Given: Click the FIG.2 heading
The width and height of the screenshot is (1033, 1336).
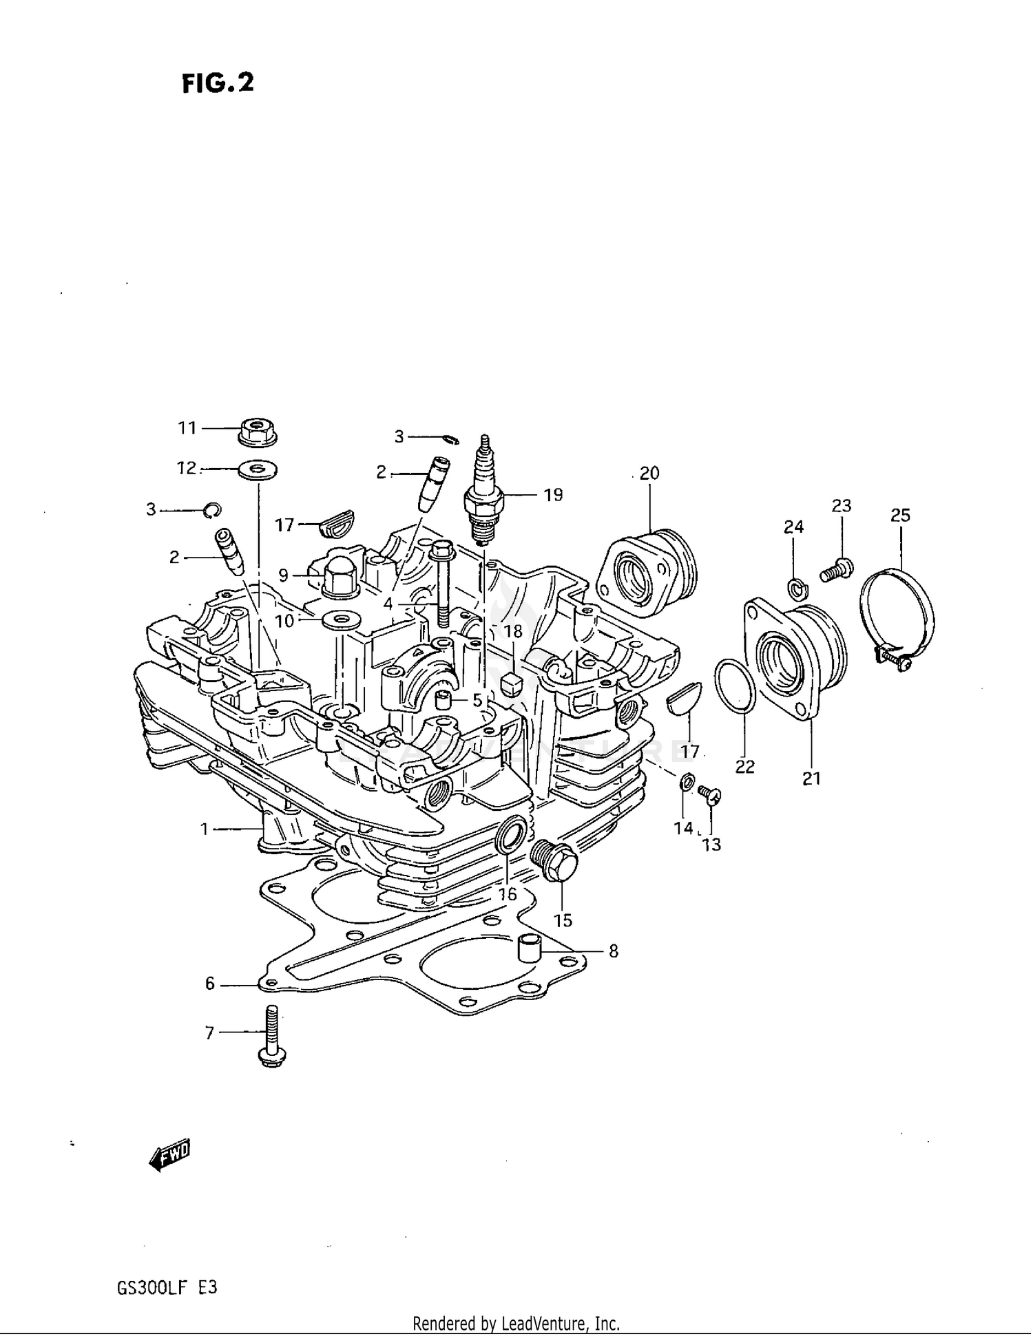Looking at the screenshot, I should coord(218,83).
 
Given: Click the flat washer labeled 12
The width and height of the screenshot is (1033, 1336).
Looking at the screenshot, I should coord(258,470).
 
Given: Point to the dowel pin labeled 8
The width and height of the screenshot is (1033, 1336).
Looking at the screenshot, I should coord(530,947).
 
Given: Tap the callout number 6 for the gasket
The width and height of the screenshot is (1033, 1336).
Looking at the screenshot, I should coord(210,984).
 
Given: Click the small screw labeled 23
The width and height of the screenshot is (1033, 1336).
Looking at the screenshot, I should coord(836,569).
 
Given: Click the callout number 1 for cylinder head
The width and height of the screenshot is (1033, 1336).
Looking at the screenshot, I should coord(205,829).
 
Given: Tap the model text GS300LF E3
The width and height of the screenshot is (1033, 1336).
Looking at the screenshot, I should coord(167,1287).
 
